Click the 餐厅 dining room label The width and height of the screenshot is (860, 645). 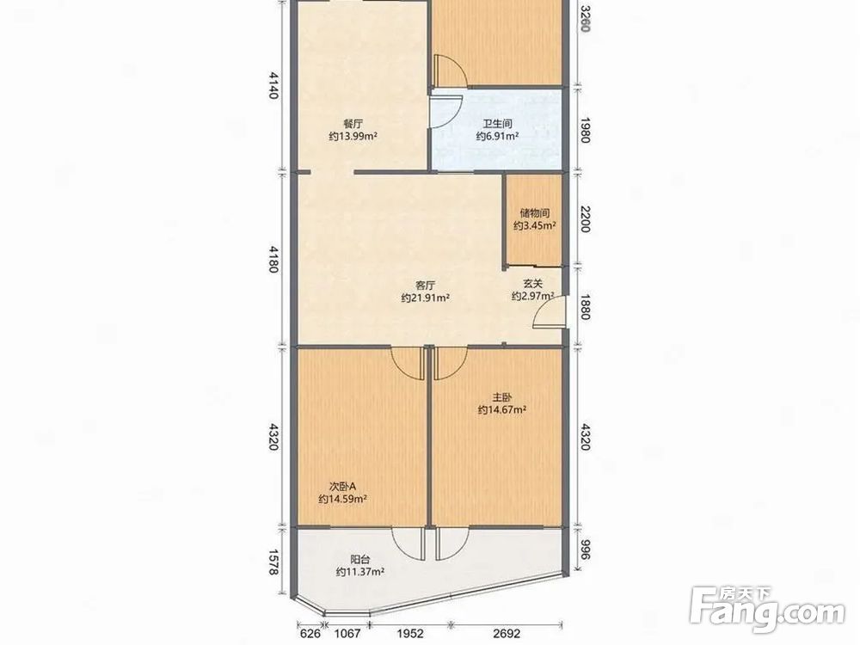353,123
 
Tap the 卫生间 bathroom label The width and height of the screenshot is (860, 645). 497,123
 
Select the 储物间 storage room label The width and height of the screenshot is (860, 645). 535,212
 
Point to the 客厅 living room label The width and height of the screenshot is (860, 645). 425,286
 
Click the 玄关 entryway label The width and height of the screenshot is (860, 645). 532,284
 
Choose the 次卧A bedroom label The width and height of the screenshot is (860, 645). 343,486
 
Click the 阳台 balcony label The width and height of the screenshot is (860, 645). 359,560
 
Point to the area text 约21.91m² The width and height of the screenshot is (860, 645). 426,298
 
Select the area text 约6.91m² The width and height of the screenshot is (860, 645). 497,136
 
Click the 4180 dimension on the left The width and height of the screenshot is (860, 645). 273,259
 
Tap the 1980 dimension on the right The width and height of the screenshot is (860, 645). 585,130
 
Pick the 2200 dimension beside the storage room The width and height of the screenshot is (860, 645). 585,218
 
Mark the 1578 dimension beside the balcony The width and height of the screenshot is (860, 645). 273,563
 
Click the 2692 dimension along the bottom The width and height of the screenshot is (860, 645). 507,634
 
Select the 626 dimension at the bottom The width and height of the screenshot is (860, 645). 310,634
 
